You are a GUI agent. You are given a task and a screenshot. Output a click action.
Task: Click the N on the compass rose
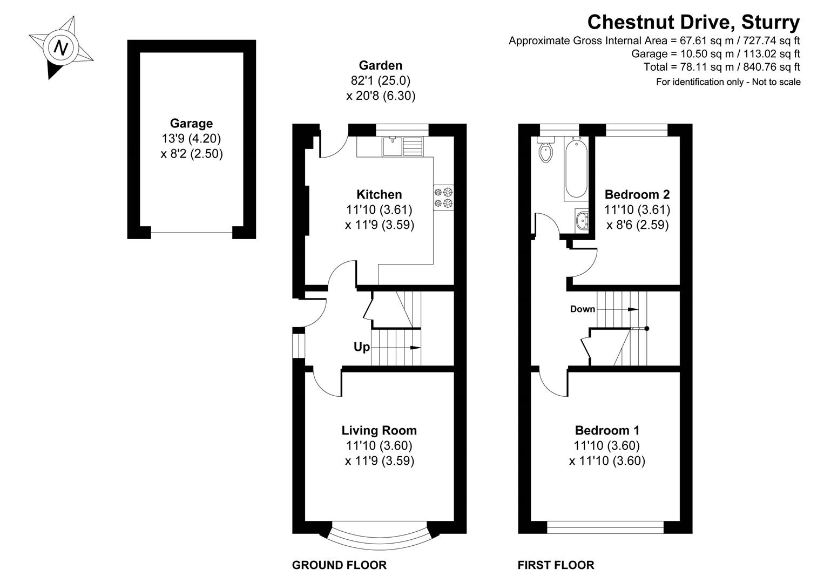click(62, 48)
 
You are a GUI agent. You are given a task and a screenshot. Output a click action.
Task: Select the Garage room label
click(191, 123)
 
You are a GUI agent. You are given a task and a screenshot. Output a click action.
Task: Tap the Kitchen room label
click(379, 194)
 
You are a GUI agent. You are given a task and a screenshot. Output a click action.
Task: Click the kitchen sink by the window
click(403, 146)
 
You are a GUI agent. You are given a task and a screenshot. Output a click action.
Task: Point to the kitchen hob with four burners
click(443, 198)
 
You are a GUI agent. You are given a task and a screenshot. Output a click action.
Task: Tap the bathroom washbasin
click(583, 221)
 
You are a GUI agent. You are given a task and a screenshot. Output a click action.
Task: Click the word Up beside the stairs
click(361, 347)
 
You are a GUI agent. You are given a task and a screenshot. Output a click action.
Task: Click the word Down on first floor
click(582, 309)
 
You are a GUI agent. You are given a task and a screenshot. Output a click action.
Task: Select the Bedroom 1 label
click(607, 430)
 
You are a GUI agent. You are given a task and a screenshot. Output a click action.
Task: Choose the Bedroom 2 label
click(637, 194)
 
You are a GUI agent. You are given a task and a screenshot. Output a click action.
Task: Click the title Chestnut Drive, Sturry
click(693, 22)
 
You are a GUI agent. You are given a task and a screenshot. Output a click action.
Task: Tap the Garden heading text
click(381, 65)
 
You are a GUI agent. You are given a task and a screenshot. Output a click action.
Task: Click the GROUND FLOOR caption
click(339, 565)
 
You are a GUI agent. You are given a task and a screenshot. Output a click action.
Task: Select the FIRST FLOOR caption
click(556, 565)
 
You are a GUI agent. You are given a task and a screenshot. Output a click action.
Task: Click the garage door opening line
click(192, 233)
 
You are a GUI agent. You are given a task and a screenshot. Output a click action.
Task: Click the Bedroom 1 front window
click(605, 523)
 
